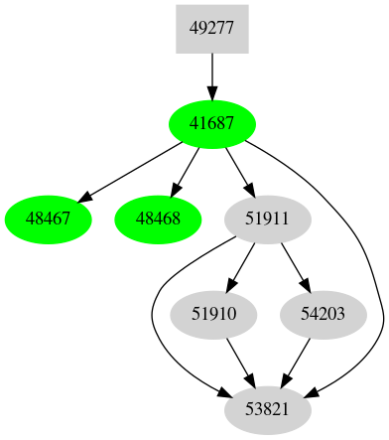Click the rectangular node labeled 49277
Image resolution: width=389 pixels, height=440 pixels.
click(211, 29)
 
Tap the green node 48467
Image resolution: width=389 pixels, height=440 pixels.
click(49, 217)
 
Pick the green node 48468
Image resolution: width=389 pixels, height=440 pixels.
click(158, 217)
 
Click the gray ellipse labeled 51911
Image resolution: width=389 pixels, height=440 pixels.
click(268, 217)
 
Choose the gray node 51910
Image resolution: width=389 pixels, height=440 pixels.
click(213, 313)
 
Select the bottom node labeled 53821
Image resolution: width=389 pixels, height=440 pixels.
click(268, 408)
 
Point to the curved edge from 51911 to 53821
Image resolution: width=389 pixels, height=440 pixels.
click(153, 318)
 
